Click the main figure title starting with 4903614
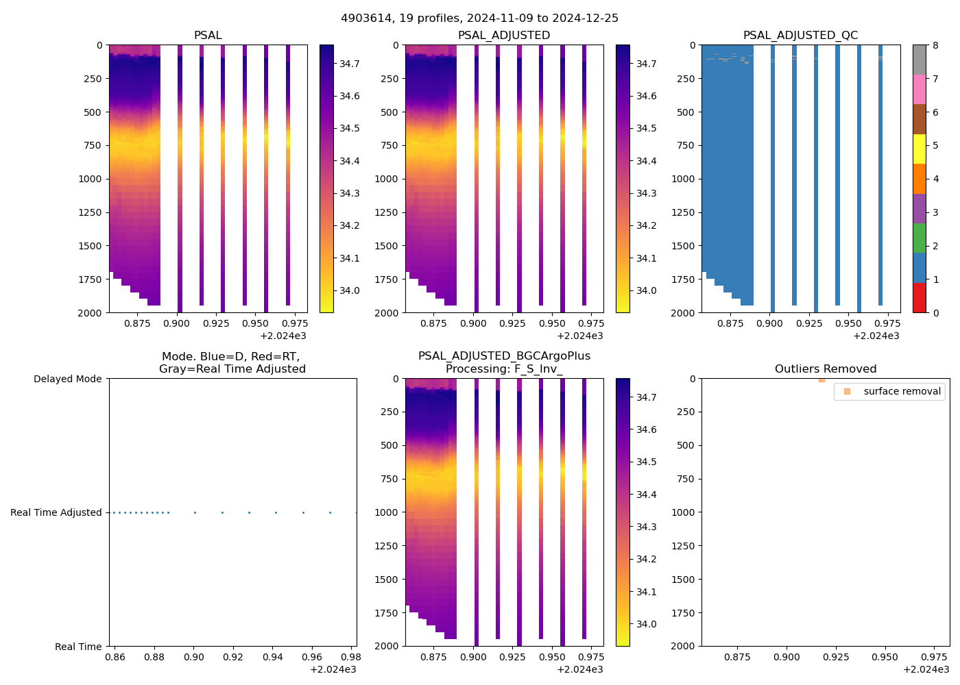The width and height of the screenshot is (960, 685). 479,18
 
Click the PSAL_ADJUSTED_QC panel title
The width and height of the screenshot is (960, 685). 800,36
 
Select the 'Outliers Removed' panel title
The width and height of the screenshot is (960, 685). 825,369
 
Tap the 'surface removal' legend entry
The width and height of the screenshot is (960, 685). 902,391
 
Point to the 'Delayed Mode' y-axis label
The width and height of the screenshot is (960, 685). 67,379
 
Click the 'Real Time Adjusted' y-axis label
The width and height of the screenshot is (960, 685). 56,512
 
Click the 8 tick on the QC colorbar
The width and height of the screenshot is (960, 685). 935,45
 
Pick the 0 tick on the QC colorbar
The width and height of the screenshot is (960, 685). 935,312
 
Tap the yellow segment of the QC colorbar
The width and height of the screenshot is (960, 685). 919,149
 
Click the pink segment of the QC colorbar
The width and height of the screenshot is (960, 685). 919,89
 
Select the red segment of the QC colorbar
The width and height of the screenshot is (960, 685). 919,297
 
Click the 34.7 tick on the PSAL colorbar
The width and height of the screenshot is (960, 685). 350,64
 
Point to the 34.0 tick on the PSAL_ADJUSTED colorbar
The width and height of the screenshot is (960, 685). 646,290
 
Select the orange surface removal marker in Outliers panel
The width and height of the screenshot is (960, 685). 821,379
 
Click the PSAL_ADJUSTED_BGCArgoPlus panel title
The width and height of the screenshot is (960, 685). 504,362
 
